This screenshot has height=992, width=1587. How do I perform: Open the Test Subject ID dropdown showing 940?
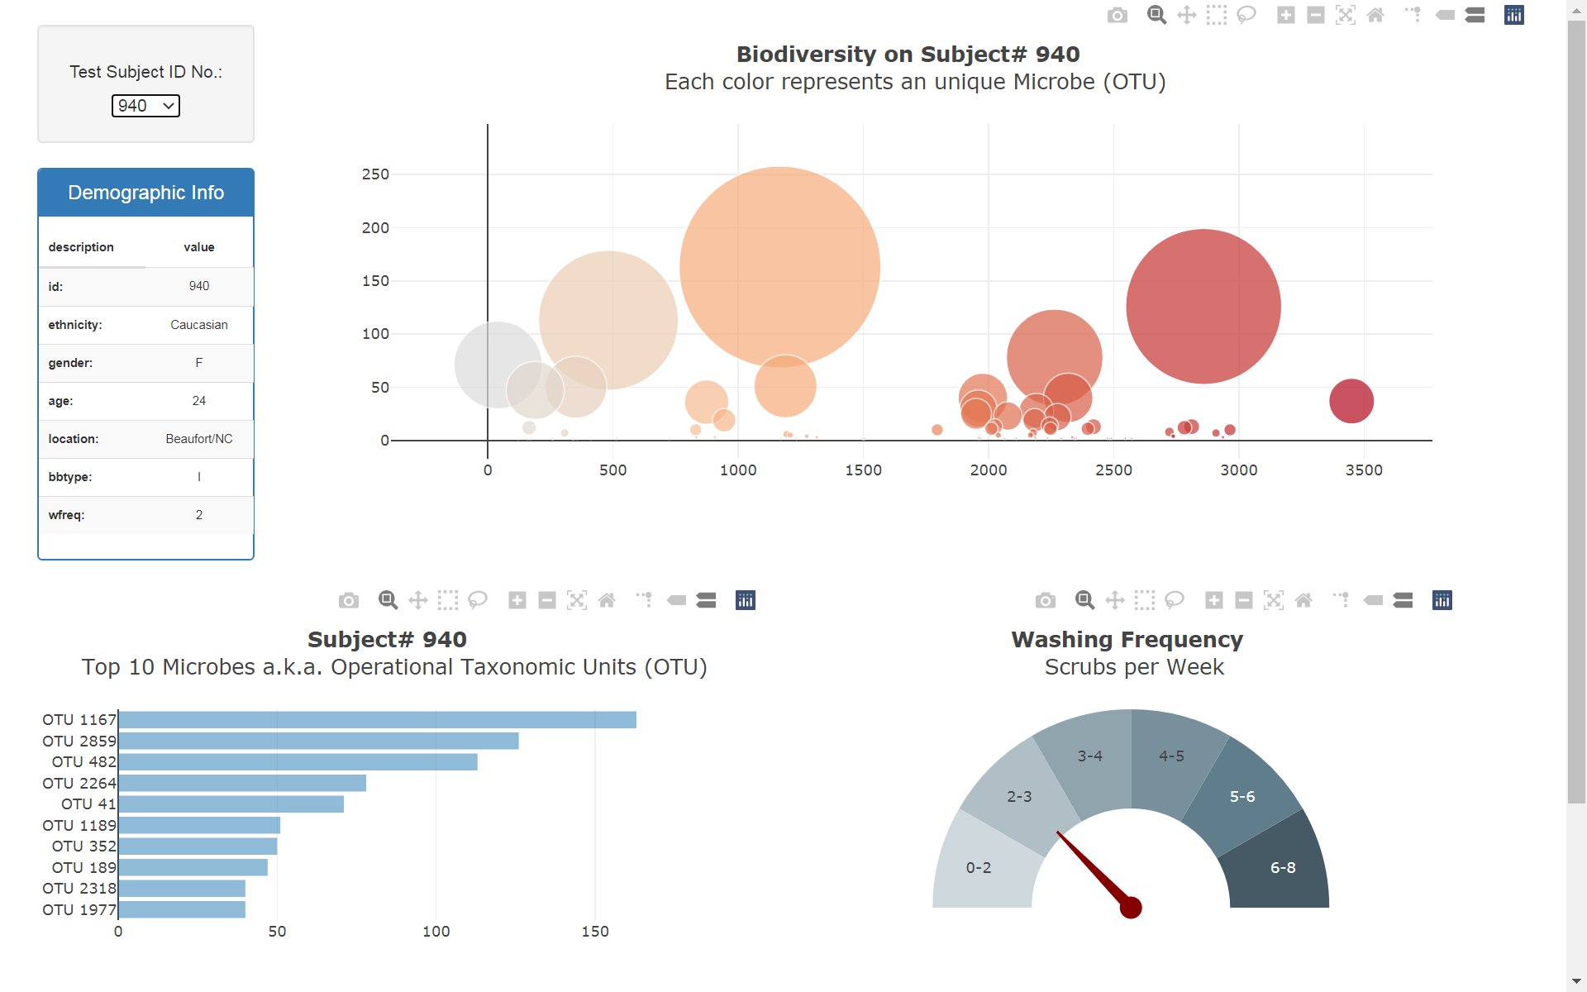pyautogui.click(x=145, y=106)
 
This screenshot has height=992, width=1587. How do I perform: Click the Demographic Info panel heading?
pyautogui.click(x=145, y=193)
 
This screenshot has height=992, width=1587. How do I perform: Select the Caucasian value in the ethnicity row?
pyautogui.click(x=198, y=325)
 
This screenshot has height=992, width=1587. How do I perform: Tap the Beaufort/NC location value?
pyautogui.click(x=198, y=439)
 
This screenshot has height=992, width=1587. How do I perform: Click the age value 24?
pyautogui.click(x=198, y=401)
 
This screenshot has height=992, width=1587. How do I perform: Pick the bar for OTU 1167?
pyautogui.click(x=377, y=720)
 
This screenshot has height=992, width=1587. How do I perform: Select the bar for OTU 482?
pyautogui.click(x=298, y=762)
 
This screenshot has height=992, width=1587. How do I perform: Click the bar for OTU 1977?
pyautogui.click(x=182, y=909)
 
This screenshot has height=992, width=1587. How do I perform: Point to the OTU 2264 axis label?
pyautogui.click(x=79, y=783)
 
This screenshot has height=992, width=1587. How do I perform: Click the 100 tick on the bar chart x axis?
pyautogui.click(x=436, y=932)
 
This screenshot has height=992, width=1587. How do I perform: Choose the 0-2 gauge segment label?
pyautogui.click(x=979, y=868)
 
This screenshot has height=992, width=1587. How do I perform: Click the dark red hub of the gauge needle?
pyautogui.click(x=1131, y=908)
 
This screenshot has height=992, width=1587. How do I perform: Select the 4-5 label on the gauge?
pyautogui.click(x=1171, y=756)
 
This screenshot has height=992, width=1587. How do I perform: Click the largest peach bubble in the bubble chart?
pyautogui.click(x=779, y=266)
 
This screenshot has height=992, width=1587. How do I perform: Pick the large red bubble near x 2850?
pyautogui.click(x=1203, y=306)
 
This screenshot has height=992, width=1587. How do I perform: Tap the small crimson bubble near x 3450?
pyautogui.click(x=1351, y=401)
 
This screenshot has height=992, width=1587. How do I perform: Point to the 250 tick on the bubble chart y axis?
pyautogui.click(x=375, y=174)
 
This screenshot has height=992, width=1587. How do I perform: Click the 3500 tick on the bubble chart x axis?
pyautogui.click(x=1364, y=470)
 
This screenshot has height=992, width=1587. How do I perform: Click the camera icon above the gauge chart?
pyautogui.click(x=1046, y=600)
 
